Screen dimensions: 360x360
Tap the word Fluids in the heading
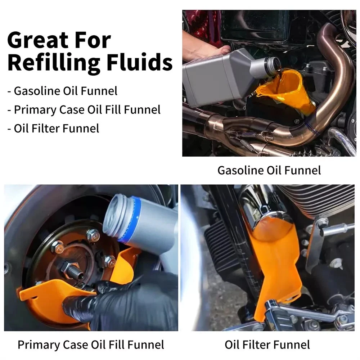coord(140,62)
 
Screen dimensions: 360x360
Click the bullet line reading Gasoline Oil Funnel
coord(62,91)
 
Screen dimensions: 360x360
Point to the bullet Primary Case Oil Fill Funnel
coord(84,110)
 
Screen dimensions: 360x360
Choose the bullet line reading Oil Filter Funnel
coord(53,129)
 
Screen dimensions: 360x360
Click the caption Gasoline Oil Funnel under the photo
coord(269,171)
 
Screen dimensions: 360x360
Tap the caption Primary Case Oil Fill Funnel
coord(91,345)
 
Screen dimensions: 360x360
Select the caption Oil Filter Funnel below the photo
coord(267,345)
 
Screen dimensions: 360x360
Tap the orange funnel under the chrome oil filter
coord(275,260)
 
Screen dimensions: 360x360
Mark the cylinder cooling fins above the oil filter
coord(319,202)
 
